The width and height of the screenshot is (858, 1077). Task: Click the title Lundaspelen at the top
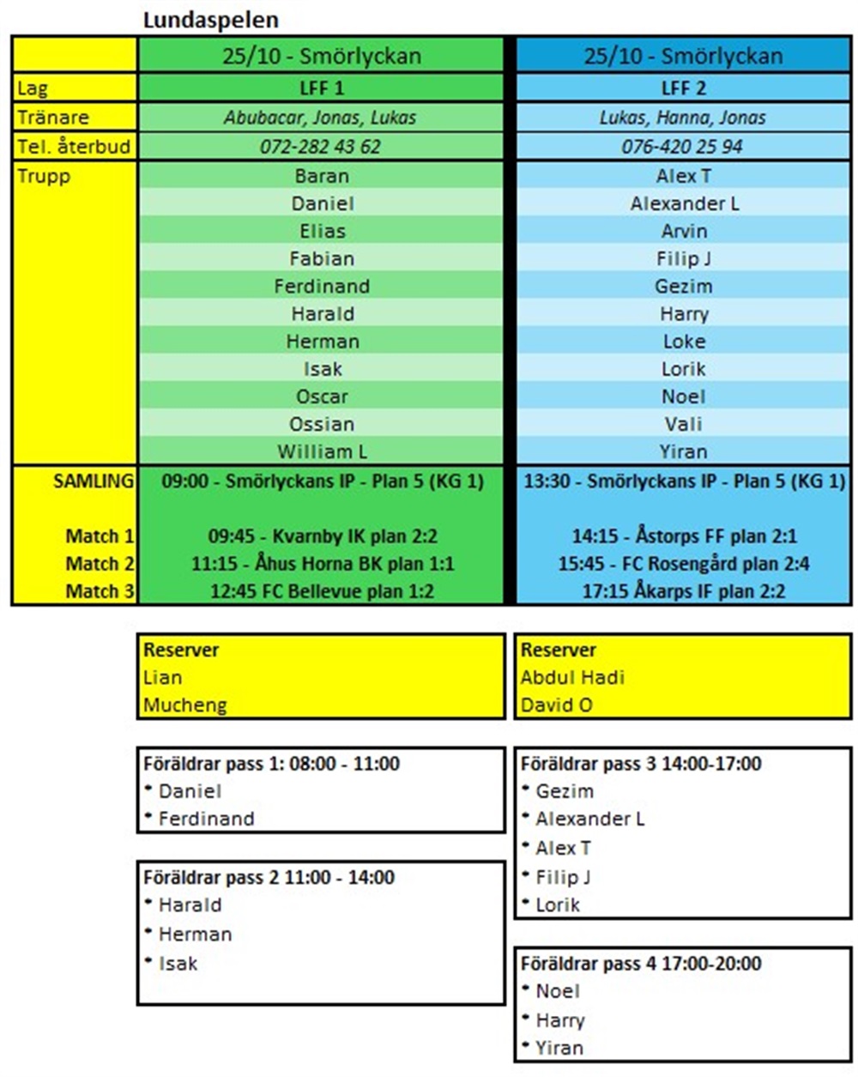[x=211, y=20]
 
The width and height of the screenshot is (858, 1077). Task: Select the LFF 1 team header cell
[x=321, y=88]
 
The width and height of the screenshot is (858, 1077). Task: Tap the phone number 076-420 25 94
[x=683, y=147]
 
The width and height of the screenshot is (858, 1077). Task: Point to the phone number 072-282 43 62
[x=321, y=147]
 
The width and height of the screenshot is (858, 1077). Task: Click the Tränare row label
[x=53, y=118]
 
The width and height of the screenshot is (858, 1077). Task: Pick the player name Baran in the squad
[x=322, y=176]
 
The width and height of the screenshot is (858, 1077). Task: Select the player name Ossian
[x=322, y=424]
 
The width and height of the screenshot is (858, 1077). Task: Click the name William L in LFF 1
[x=322, y=451]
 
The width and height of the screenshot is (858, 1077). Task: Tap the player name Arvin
[x=684, y=231]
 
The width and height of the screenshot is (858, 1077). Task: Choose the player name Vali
[x=684, y=424]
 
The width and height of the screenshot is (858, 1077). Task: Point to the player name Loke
[x=684, y=342]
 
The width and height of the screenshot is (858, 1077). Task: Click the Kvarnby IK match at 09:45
[x=322, y=536]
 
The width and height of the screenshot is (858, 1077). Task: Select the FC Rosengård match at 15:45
[x=684, y=564]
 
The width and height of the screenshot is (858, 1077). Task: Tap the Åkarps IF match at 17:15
[x=684, y=591]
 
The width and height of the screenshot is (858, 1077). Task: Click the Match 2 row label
[x=100, y=564]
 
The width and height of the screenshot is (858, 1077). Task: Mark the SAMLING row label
[x=94, y=481]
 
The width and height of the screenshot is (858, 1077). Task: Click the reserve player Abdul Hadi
[x=572, y=677]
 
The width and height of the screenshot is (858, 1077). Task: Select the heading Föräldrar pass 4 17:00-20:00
[x=641, y=964]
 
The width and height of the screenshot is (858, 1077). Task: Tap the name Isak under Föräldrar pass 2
[x=178, y=964]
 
